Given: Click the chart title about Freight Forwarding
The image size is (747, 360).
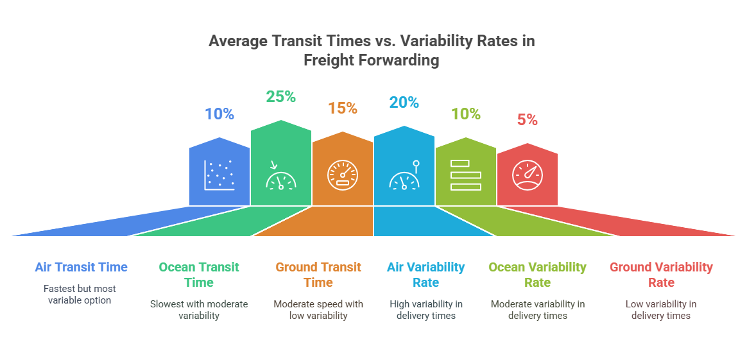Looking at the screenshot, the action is [x=372, y=51].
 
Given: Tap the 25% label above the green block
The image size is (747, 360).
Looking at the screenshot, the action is [x=281, y=97].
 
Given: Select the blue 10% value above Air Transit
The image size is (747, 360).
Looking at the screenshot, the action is [x=219, y=114].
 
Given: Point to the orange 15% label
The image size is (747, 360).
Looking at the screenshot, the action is [x=343, y=108].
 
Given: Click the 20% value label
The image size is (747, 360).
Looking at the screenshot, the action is [x=404, y=103].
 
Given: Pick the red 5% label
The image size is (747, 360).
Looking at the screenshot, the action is [x=528, y=120].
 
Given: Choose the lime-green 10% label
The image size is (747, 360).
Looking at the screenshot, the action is [x=465, y=114].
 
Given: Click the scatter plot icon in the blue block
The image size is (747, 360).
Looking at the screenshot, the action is [x=219, y=175].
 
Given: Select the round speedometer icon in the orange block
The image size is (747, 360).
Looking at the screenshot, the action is [x=343, y=175].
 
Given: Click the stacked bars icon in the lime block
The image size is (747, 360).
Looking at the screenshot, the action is [x=465, y=175].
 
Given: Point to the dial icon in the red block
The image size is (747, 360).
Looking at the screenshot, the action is [x=528, y=175].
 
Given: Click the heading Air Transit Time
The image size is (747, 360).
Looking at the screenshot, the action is [x=82, y=267].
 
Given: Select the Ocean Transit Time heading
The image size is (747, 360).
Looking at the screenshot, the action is [x=199, y=275].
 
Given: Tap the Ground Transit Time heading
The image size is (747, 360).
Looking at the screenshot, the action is [x=318, y=275].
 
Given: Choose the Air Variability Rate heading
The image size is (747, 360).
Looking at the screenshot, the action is [x=426, y=275].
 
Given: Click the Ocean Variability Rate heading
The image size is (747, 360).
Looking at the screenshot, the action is [x=538, y=275].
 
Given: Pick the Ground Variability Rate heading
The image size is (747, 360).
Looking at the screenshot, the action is [x=661, y=275].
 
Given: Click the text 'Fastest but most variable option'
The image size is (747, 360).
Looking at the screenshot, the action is [x=80, y=295].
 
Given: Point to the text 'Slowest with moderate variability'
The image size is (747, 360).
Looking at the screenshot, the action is [x=199, y=309].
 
